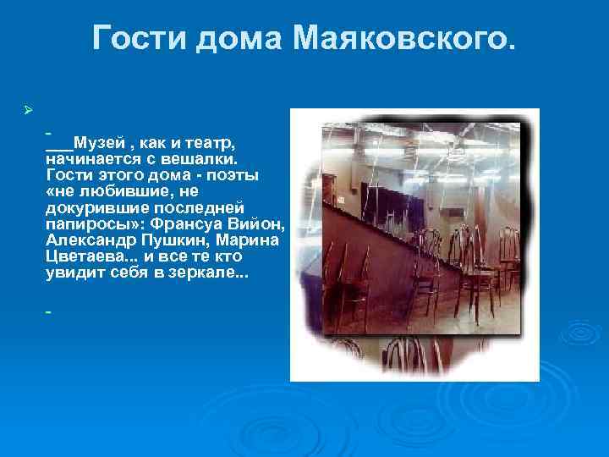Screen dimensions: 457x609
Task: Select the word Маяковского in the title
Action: (403, 38)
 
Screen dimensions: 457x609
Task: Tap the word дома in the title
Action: (243, 38)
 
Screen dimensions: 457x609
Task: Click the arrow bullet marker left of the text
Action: (28, 111)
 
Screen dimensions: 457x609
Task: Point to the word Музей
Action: (97, 141)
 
